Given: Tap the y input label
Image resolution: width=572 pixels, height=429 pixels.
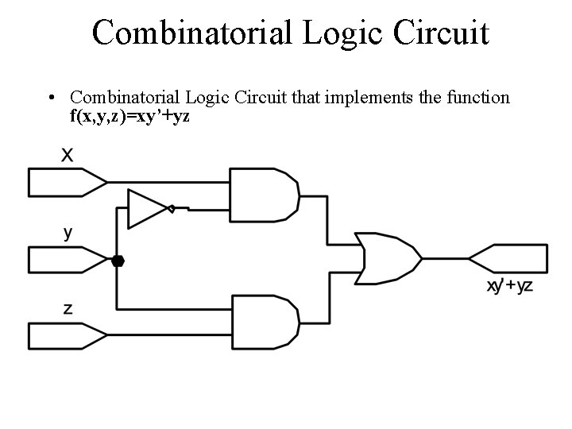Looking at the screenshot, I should pyautogui.click(x=68, y=233).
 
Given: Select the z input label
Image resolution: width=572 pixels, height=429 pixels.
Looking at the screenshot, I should pyautogui.click(x=68, y=309).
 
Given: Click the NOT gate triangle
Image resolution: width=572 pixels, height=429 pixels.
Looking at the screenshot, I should pyautogui.click(x=147, y=208).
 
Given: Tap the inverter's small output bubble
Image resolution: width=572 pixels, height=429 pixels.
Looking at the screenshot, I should pyautogui.click(x=171, y=209).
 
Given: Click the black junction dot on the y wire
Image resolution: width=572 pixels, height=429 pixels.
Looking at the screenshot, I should pyautogui.click(x=118, y=261).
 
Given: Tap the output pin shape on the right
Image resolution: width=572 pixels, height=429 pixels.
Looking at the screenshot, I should pyautogui.click(x=509, y=259).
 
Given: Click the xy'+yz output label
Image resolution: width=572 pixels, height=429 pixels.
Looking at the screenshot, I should pyautogui.click(x=510, y=287).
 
